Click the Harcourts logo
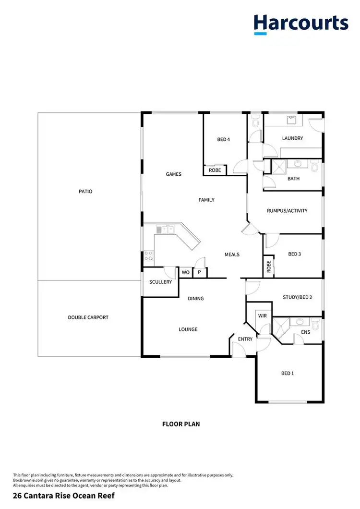[x=300, y=24]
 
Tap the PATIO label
[x=85, y=192]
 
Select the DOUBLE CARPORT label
[x=88, y=317]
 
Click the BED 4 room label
[x=224, y=140]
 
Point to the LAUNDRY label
[x=292, y=138]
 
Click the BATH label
[x=293, y=179]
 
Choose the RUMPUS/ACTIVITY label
[x=288, y=211]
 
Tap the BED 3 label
[x=294, y=254]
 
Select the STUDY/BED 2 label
[x=298, y=298]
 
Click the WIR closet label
[x=262, y=316]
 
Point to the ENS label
[x=305, y=332]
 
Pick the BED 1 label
[x=288, y=373]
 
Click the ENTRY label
[x=245, y=339]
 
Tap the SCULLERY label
[x=160, y=282]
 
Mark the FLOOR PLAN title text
[x=180, y=424]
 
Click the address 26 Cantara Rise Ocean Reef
[x=64, y=495]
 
